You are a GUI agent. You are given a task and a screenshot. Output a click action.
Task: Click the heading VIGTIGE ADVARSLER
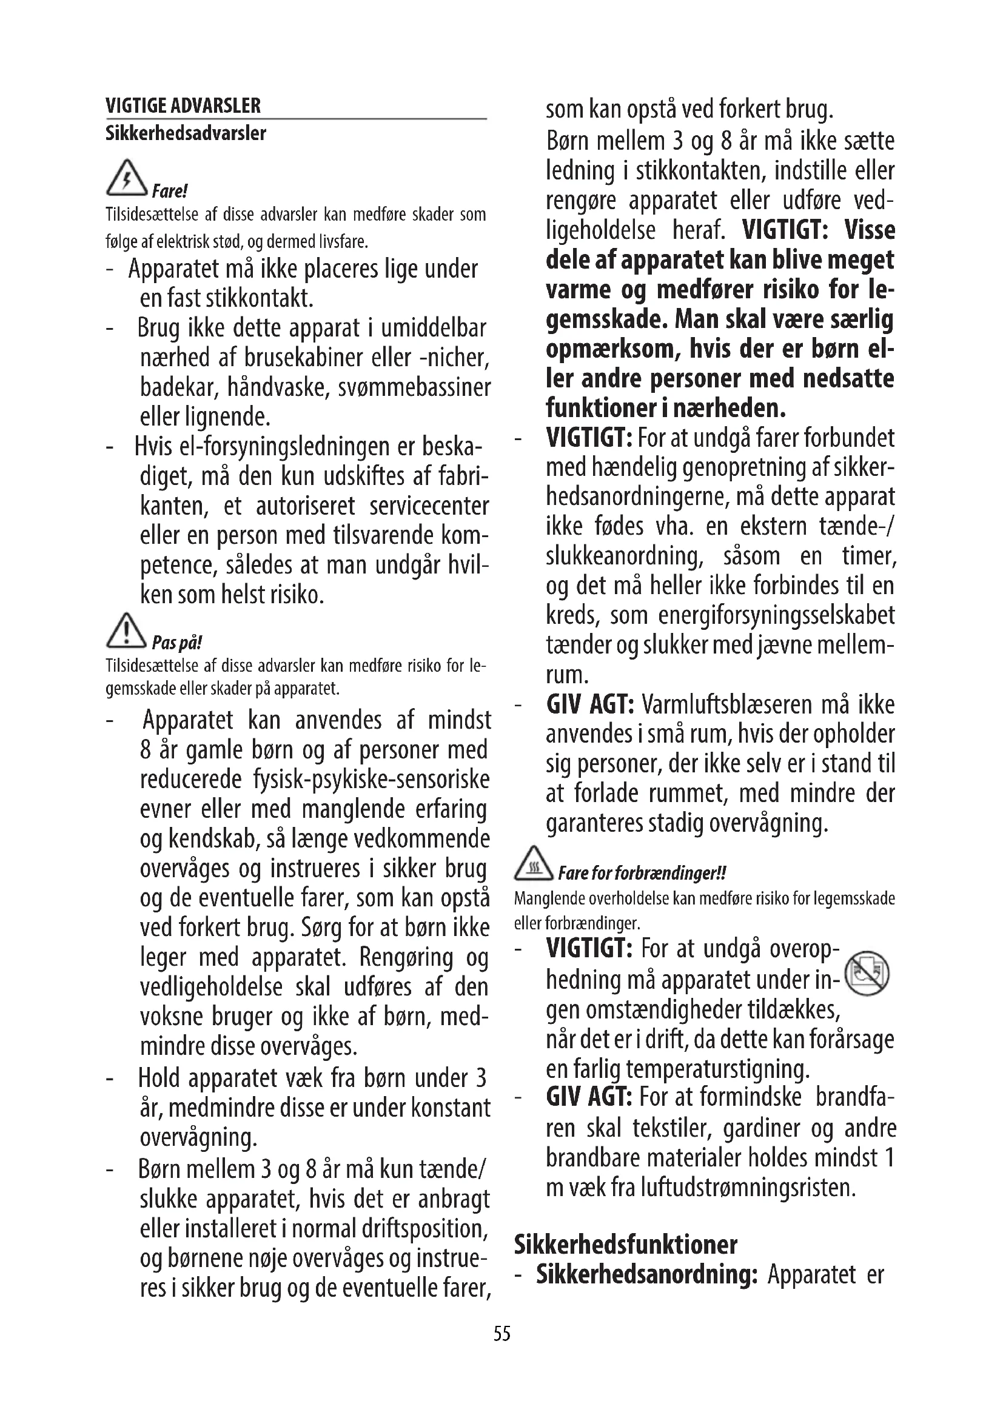click(x=183, y=105)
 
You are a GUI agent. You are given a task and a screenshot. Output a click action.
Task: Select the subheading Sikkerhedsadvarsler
click(x=186, y=133)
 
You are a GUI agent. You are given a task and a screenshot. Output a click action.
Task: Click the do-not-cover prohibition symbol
click(x=866, y=974)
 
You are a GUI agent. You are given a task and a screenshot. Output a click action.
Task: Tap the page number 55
click(x=501, y=1334)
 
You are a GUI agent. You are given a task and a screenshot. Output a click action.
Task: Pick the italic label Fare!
click(x=169, y=191)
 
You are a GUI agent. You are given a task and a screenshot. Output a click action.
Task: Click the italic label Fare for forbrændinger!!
click(x=642, y=873)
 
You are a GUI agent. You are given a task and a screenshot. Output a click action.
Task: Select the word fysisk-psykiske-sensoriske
click(x=371, y=780)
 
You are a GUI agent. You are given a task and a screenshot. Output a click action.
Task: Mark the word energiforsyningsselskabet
click(x=776, y=616)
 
